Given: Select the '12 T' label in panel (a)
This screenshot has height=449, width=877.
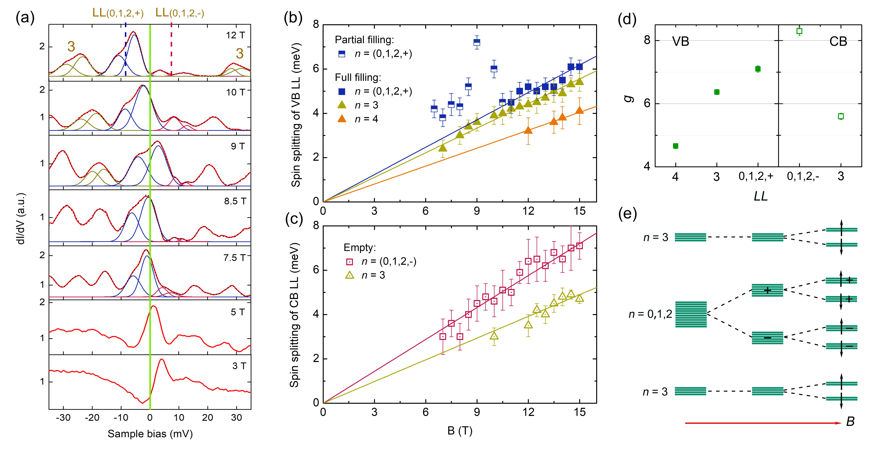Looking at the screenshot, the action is coord(235,35).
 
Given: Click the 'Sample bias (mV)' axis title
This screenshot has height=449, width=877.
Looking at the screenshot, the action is coord(150,434).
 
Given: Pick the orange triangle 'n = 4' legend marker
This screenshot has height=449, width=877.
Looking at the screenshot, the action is coord(342,119).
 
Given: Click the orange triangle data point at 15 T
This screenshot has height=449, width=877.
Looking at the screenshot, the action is coord(579,110).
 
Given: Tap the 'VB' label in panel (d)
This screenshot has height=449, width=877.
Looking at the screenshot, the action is coord(681,41).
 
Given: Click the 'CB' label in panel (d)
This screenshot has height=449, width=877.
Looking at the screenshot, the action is coord(838,41).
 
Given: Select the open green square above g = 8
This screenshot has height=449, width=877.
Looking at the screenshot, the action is coord(799,31).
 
